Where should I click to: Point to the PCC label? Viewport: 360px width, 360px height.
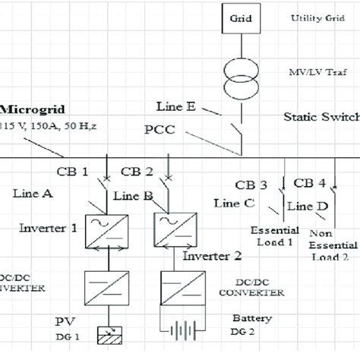(x=159, y=131)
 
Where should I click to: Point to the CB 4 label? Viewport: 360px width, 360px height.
(x=311, y=183)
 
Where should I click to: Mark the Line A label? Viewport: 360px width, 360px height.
(x=32, y=194)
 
